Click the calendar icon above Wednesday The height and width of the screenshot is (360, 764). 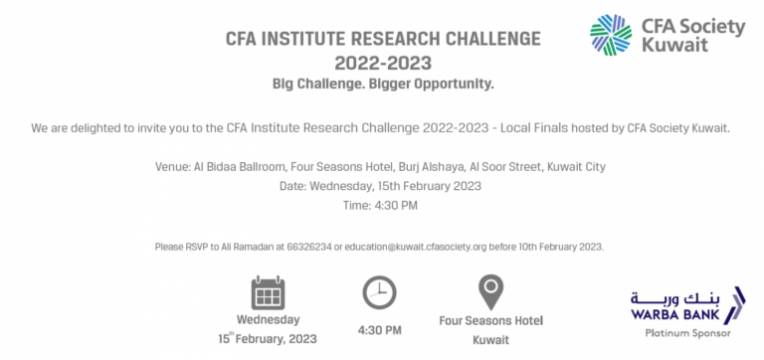(x=268, y=293)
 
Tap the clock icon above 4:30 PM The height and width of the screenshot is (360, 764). (x=378, y=292)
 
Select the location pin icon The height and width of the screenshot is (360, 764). (x=489, y=292)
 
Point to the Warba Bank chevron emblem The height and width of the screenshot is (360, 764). (x=736, y=304)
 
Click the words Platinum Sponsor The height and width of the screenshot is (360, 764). (x=682, y=333)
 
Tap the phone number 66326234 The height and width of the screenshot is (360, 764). (x=309, y=246)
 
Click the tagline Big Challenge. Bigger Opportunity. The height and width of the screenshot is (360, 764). (x=383, y=84)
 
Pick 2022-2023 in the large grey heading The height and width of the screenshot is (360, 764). (x=383, y=63)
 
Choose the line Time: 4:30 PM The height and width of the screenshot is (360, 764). (x=381, y=205)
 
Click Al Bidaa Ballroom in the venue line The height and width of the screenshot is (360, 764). (x=238, y=166)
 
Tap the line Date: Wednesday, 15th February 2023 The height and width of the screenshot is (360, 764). (x=381, y=186)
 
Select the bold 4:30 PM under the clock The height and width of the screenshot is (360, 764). (x=379, y=329)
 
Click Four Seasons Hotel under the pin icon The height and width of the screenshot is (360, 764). (x=490, y=321)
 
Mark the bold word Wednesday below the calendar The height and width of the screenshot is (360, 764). (x=268, y=320)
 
